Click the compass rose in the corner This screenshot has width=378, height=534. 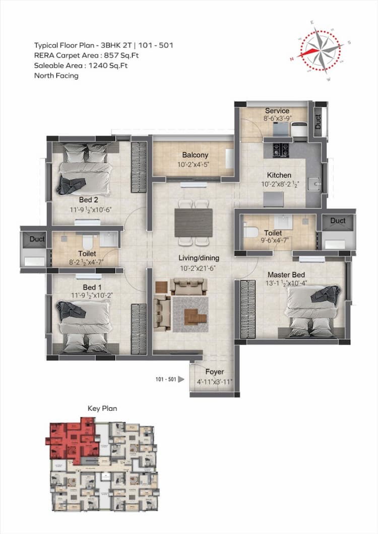click(320, 51)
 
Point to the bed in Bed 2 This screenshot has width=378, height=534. click(84, 169)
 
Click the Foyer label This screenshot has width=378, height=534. click(215, 372)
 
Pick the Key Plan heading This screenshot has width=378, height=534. click(102, 408)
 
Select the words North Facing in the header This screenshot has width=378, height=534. click(56, 76)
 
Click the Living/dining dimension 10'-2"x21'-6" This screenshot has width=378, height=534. click(198, 268)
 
